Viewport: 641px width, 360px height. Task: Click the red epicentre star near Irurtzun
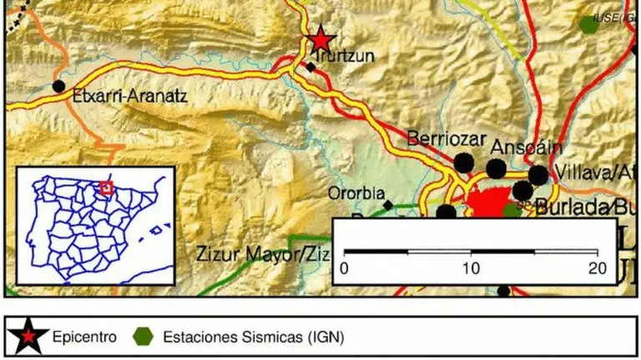tap(320, 38)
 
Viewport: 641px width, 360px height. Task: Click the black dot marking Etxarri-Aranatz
tap(58, 86)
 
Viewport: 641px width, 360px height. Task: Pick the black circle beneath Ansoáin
tap(497, 170)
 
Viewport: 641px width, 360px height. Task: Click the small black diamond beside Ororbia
tap(387, 204)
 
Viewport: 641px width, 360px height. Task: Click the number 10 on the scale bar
tap(471, 268)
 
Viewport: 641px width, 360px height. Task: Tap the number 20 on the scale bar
tap(596, 268)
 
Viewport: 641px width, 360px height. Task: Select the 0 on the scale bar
tap(345, 268)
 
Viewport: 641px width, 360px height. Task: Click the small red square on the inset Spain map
tap(106, 188)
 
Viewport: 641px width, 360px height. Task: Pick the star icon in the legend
tap(29, 337)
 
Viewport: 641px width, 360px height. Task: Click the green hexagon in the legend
tap(144, 337)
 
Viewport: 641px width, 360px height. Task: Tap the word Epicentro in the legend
tap(80, 337)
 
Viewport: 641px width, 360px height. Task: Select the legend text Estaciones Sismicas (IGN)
tap(252, 337)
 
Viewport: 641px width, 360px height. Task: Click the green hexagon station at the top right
tap(589, 24)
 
